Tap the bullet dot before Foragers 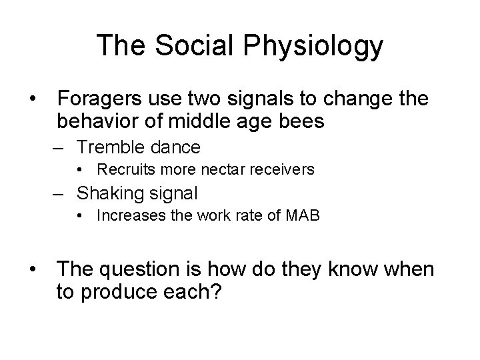tap(33, 99)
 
